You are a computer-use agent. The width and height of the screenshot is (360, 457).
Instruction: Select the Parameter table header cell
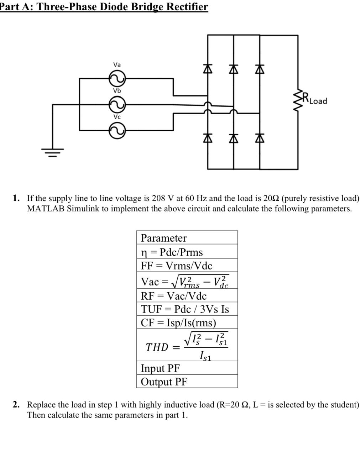(187, 238)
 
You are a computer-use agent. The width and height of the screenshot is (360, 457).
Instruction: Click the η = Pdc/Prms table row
(187, 252)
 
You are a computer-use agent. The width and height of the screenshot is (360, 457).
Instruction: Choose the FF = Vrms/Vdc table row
(187, 266)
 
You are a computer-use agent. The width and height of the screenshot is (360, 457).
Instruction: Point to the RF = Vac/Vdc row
(187, 296)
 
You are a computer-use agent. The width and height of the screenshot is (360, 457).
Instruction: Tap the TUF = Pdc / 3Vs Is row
(187, 309)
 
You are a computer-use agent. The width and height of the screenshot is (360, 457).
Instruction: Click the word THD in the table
(157, 347)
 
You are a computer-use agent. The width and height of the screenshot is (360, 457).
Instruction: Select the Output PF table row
(187, 382)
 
